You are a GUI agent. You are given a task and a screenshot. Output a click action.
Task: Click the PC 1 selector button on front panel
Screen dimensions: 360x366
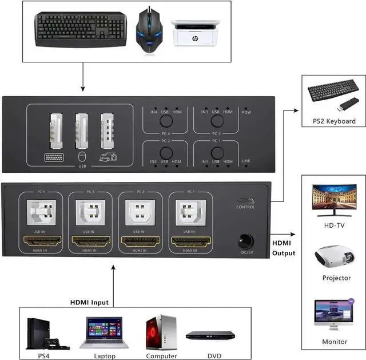click(x=216, y=153)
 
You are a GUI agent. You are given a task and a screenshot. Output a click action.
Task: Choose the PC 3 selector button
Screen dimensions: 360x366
click(x=216, y=121)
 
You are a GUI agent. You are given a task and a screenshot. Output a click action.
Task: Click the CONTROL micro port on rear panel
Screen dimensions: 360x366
click(x=245, y=201)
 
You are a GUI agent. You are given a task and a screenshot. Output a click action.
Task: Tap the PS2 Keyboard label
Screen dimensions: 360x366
click(x=334, y=121)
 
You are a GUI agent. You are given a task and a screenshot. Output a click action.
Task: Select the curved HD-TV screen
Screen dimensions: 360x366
click(x=335, y=200)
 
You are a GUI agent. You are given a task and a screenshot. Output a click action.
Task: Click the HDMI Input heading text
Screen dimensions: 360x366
click(x=89, y=302)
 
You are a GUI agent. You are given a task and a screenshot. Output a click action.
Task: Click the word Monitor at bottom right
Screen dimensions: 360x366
click(x=335, y=342)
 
